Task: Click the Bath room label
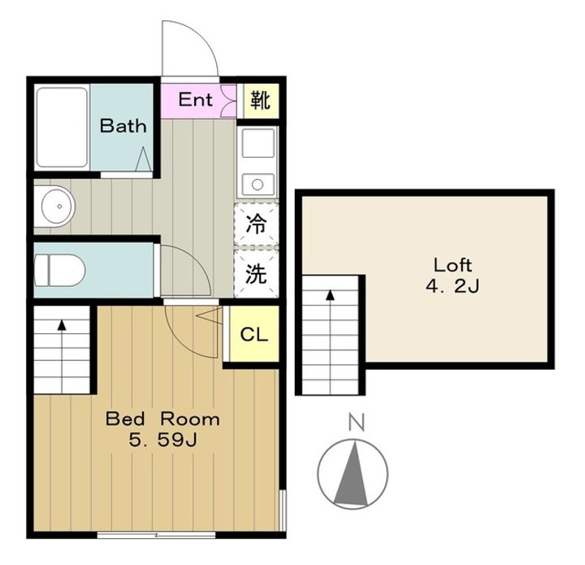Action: pos(123,126)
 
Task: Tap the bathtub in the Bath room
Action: pos(63,128)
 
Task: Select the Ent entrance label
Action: pos(195,99)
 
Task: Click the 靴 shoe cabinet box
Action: pos(261,100)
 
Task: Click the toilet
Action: pos(59,271)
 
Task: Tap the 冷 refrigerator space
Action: pos(256,225)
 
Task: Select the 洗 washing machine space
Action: pos(256,273)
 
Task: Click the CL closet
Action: pos(254,333)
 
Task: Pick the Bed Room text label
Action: pos(162,419)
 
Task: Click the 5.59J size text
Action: pos(162,441)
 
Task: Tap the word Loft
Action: pos(453,265)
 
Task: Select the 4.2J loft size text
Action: pos(453,287)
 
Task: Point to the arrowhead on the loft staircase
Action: pos(330,295)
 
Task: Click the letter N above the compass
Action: pos(356,422)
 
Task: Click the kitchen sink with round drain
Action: pos(258,185)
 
